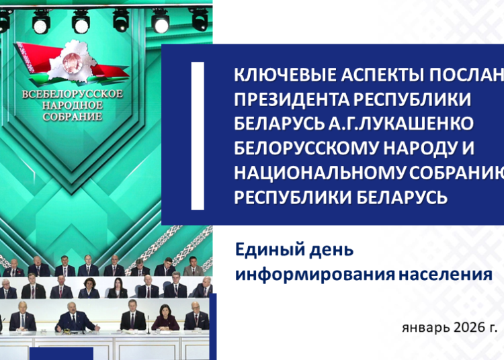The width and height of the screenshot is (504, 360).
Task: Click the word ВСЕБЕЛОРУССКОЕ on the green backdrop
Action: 73,93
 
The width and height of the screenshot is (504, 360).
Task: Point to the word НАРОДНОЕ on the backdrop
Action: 73,105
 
